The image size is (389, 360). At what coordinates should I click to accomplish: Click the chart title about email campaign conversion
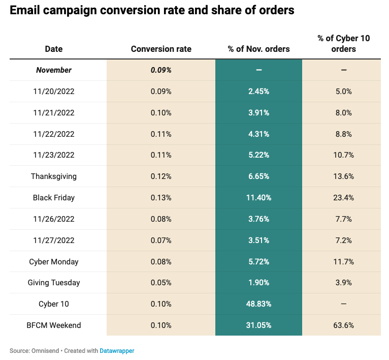152,10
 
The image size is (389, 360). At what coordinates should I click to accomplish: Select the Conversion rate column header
161,49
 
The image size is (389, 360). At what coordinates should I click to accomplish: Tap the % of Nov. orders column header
258,49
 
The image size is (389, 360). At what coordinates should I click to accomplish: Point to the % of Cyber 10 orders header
343,44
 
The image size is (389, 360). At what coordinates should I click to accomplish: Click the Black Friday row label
54,198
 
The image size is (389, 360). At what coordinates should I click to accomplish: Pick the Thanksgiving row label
54,176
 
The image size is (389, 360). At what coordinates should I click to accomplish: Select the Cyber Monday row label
54,261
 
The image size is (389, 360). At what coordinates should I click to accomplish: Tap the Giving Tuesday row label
54,283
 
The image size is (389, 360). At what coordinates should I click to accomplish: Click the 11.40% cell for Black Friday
258,198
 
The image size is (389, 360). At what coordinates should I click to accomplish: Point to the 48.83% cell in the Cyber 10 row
258,304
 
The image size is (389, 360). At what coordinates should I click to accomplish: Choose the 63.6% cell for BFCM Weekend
344,325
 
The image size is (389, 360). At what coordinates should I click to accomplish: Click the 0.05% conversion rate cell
161,283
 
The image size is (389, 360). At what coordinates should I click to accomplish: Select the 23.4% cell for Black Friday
344,198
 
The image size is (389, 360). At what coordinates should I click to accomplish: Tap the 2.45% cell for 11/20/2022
258,92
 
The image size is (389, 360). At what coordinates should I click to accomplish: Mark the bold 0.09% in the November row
161,70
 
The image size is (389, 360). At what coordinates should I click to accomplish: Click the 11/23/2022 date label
54,155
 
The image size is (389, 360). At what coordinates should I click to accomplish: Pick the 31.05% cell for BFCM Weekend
258,325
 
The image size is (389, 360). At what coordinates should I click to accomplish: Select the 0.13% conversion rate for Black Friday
161,198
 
